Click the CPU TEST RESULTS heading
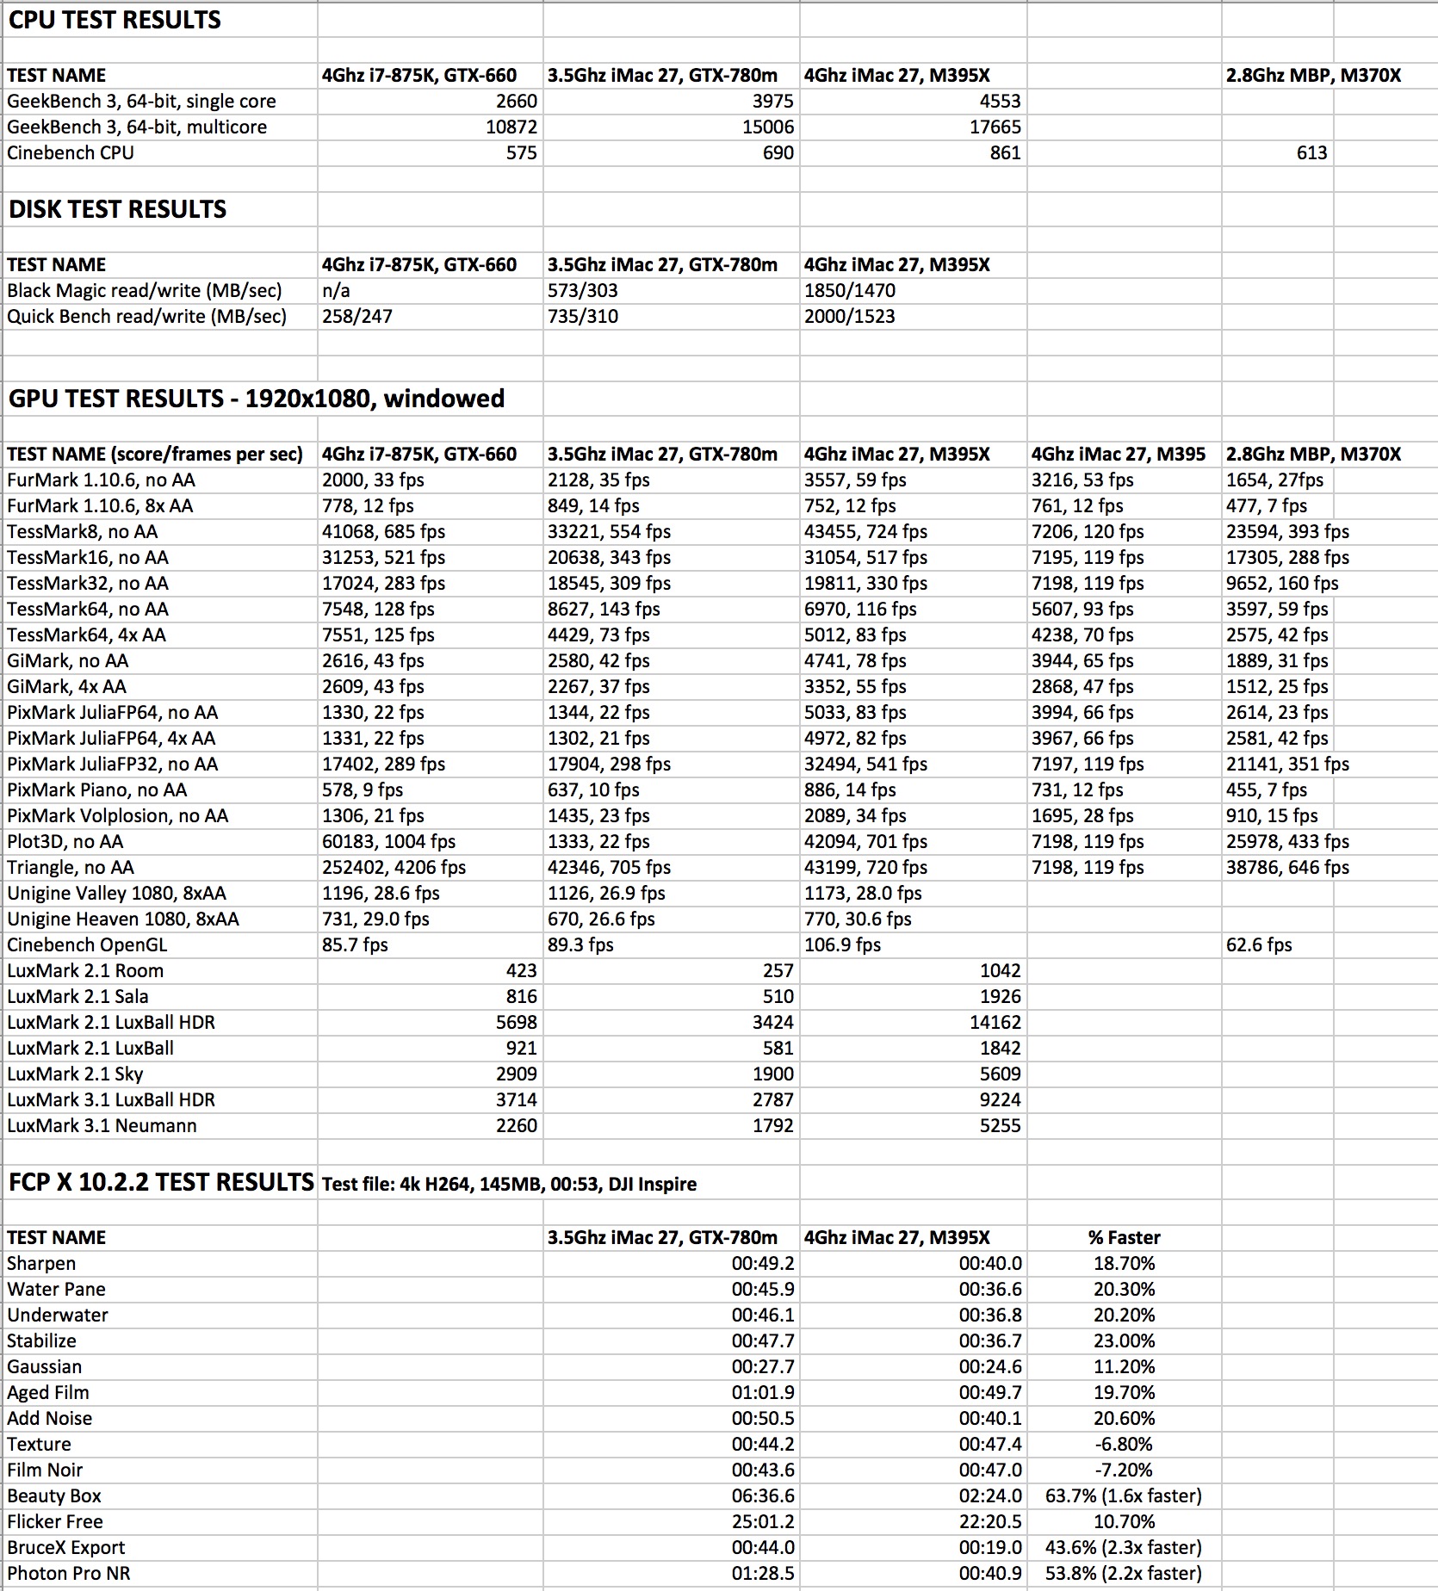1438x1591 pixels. pyautogui.click(x=115, y=20)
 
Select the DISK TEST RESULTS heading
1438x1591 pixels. pyautogui.click(x=117, y=209)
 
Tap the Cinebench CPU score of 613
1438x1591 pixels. pyautogui.click(x=1311, y=153)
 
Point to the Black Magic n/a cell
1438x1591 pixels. pyautogui.click(x=337, y=291)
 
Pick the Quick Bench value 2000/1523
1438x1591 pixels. pyautogui.click(x=849, y=317)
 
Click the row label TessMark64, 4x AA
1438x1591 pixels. pyautogui.click(x=86, y=635)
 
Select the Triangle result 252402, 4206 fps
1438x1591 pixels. pyautogui.click(x=394, y=868)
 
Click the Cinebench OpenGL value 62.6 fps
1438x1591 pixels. pyautogui.click(x=1259, y=945)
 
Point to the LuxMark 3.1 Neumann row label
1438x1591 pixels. pyautogui.click(x=102, y=1126)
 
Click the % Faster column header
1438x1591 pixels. pyautogui.click(x=1124, y=1238)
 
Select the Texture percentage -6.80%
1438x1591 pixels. pyautogui.click(x=1124, y=1445)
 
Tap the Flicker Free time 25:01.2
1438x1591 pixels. pyautogui.click(x=763, y=1522)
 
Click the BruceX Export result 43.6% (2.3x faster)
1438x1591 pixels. pyautogui.click(x=1123, y=1548)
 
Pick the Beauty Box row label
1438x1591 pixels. pyautogui.click(x=54, y=1496)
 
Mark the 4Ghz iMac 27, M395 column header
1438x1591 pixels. pyautogui.click(x=1118, y=455)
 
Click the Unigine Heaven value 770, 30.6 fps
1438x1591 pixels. pyautogui.click(x=857, y=919)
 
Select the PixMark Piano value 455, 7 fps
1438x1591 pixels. pyautogui.click(x=1266, y=790)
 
